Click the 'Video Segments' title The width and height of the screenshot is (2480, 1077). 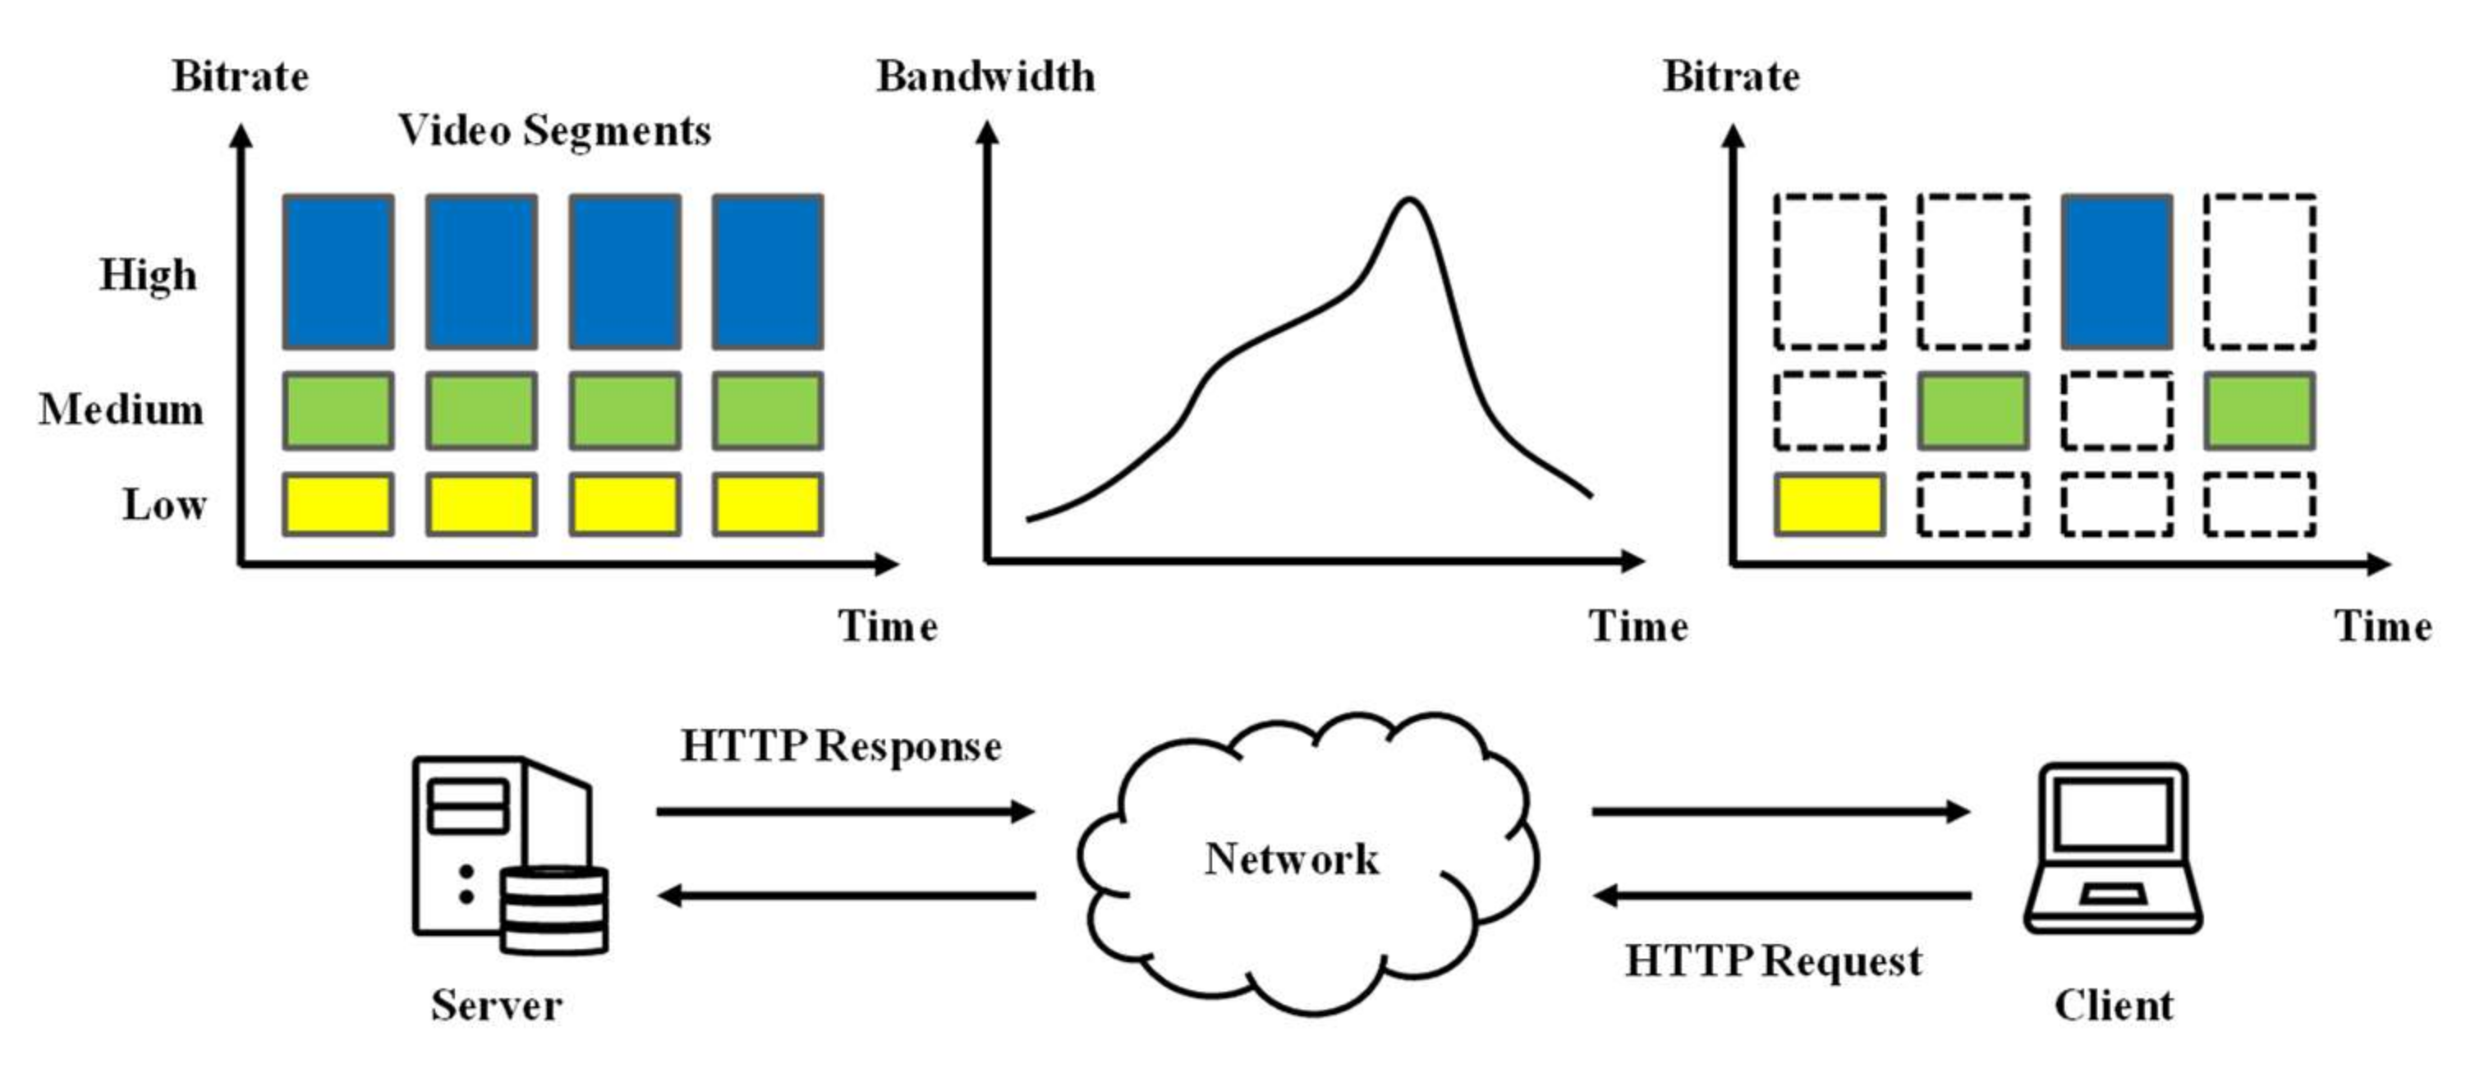click(554, 131)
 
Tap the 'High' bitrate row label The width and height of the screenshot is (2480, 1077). click(149, 275)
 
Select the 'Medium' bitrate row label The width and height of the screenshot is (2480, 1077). click(122, 410)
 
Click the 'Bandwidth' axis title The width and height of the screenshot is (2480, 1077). click(985, 77)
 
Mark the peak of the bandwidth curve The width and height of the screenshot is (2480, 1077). click(1408, 200)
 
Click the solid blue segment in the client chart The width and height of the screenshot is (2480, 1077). click(2116, 272)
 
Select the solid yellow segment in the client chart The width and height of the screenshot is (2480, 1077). click(1829, 504)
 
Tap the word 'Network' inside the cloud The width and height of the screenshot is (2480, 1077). click(1291, 859)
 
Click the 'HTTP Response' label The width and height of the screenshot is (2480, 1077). click(840, 747)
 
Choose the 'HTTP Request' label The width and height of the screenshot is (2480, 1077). click(1773, 961)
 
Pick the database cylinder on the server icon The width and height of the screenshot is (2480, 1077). click(554, 910)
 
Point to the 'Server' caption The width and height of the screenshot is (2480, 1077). click(496, 1006)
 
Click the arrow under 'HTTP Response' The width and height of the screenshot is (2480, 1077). click(844, 811)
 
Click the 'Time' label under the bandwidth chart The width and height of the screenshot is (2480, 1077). click(1637, 627)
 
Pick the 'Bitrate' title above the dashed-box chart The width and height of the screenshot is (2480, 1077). click(1730, 77)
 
